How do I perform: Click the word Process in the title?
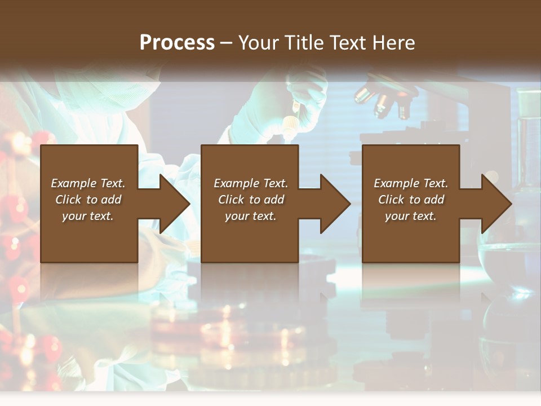coord(177,43)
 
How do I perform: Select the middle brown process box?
coord(249,237)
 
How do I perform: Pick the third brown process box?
coord(410,237)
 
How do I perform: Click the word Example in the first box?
coord(74,183)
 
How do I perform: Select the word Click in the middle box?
coord(231,200)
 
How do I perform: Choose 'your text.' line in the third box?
coord(410,216)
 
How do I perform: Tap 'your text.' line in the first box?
coord(88,216)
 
